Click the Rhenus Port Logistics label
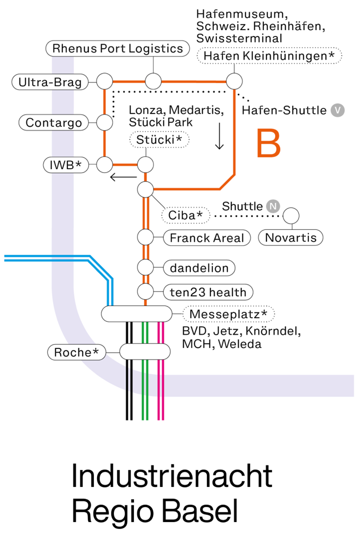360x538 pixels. tap(118, 49)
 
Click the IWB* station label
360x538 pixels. tap(65, 164)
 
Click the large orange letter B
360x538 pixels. tap(268, 144)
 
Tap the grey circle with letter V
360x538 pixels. tap(338, 110)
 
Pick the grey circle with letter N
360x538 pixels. tap(272, 206)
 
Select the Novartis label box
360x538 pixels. tap(290, 237)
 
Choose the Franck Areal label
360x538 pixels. tap(207, 238)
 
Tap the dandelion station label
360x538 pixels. tap(199, 268)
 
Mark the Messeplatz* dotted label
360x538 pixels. tap(228, 314)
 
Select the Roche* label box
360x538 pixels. tap(76, 352)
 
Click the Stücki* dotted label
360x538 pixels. tap(159, 139)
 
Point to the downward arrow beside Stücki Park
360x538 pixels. tap(219, 137)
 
